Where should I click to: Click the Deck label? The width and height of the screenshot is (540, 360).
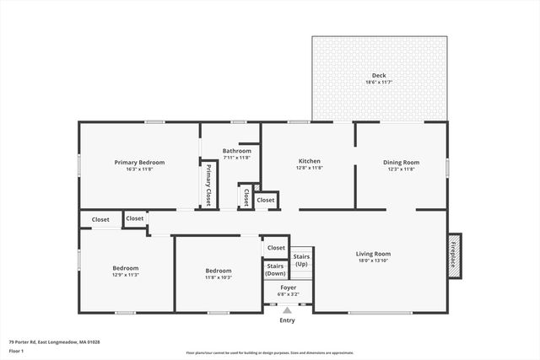click(379, 75)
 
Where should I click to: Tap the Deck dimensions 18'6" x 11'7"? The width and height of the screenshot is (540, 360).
click(379, 83)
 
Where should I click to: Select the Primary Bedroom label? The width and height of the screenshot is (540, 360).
click(139, 162)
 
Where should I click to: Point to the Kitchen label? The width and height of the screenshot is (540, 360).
click(310, 161)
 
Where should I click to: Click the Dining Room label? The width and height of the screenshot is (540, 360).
click(401, 162)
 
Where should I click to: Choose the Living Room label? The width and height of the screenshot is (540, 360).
click(372, 254)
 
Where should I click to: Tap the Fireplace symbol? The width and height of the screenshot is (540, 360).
click(453, 255)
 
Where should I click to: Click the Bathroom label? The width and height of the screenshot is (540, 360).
click(236, 151)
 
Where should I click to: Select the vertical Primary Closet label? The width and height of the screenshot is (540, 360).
click(208, 185)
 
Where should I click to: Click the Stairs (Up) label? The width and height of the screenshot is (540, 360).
click(301, 260)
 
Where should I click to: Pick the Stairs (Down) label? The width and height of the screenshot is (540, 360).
click(275, 270)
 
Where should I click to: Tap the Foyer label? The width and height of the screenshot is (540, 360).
click(288, 288)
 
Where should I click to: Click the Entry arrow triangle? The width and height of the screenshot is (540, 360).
click(287, 310)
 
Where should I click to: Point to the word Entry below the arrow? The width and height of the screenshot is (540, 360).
click(287, 320)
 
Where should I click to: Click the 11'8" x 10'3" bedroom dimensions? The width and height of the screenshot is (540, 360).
click(218, 277)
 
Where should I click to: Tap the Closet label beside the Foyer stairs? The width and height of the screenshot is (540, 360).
click(276, 248)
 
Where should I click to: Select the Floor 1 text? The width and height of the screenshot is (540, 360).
click(17, 351)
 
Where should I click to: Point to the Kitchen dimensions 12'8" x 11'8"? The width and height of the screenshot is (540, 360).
click(310, 169)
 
